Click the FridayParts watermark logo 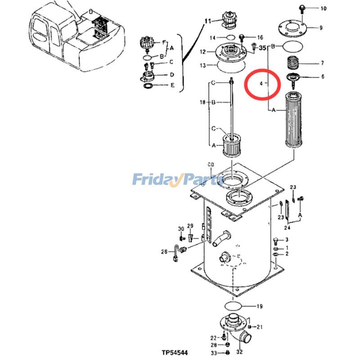(177, 180)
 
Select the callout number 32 (239, 352)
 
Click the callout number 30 (181, 229)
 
